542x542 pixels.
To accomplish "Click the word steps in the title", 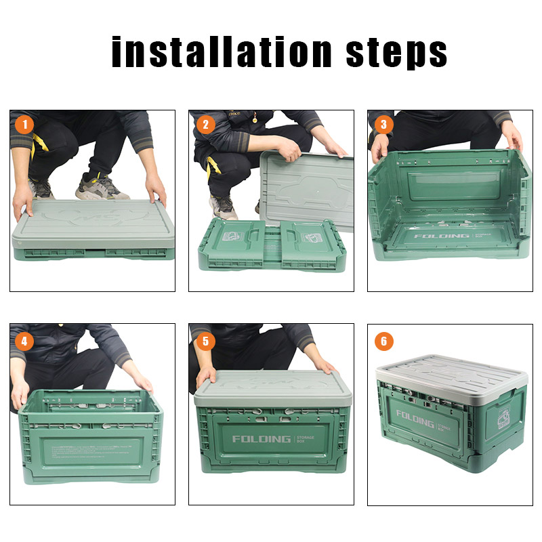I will [397, 52].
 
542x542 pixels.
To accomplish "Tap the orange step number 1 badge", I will [25, 125].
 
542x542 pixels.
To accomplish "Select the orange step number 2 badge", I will [204, 125].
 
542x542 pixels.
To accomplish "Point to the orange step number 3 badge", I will [383, 125].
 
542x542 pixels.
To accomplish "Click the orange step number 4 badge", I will [25, 341].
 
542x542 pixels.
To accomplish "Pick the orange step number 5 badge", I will [204, 341].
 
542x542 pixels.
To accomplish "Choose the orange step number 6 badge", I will [383, 341].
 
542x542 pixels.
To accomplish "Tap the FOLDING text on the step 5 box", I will [261, 439].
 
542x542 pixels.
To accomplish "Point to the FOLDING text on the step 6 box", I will [415, 417].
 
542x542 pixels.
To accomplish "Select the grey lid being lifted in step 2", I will [308, 190].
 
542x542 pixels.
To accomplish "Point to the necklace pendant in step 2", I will [255, 119].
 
